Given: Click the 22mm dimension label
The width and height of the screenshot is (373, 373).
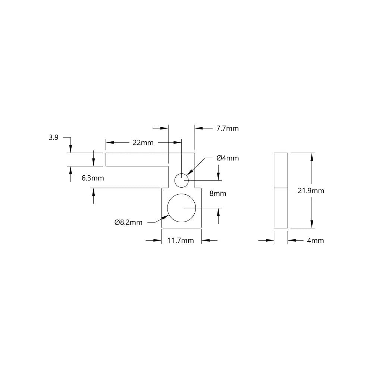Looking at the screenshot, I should [142, 142].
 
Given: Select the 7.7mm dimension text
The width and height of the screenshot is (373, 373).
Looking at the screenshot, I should [228, 129].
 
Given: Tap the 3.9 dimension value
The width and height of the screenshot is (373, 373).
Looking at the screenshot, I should [53, 138].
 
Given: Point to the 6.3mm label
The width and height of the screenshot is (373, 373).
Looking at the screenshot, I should [93, 178].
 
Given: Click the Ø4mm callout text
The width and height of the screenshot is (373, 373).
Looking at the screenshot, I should [228, 158].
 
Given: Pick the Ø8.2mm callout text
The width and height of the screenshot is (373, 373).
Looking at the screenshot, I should [129, 223].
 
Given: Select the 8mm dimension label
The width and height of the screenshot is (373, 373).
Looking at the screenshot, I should [218, 194].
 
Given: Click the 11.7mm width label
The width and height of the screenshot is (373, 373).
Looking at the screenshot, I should [181, 241].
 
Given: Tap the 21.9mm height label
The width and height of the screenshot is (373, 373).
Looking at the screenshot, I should [311, 191].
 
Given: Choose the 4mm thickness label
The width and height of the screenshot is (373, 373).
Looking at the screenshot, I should [316, 241].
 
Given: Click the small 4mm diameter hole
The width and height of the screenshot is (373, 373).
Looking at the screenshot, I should [182, 181].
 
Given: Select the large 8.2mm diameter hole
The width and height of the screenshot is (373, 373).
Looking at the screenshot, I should [181, 208].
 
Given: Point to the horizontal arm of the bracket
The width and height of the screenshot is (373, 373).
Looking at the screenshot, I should [137, 159].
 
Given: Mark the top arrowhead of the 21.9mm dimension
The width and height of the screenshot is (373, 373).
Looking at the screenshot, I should [312, 157].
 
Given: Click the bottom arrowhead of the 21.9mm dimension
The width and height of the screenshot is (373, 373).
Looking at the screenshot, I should [312, 224].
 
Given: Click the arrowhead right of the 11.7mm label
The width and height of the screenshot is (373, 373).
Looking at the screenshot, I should [206, 241].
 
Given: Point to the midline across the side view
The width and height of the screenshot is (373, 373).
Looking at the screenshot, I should [281, 187].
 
